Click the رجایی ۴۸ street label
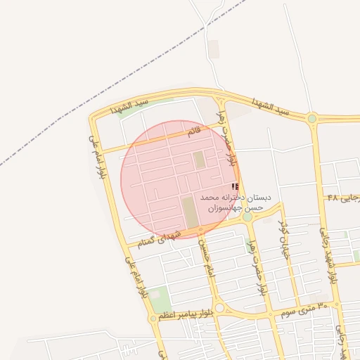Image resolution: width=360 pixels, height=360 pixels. click(343, 198)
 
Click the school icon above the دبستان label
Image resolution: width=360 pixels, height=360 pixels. click(235, 186)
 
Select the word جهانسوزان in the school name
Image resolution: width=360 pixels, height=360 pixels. click(220, 208)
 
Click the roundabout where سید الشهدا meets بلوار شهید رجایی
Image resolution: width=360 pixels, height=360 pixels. click(311, 118)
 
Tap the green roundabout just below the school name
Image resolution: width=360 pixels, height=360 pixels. click(247, 217)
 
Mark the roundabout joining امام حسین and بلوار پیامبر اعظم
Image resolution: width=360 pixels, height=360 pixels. click(219, 307)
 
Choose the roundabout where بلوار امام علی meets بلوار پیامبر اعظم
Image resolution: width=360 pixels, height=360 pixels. click(153, 319)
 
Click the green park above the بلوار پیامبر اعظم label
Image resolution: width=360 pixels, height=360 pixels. click(159, 296)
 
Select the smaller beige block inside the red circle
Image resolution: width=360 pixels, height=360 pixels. click(200, 159)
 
